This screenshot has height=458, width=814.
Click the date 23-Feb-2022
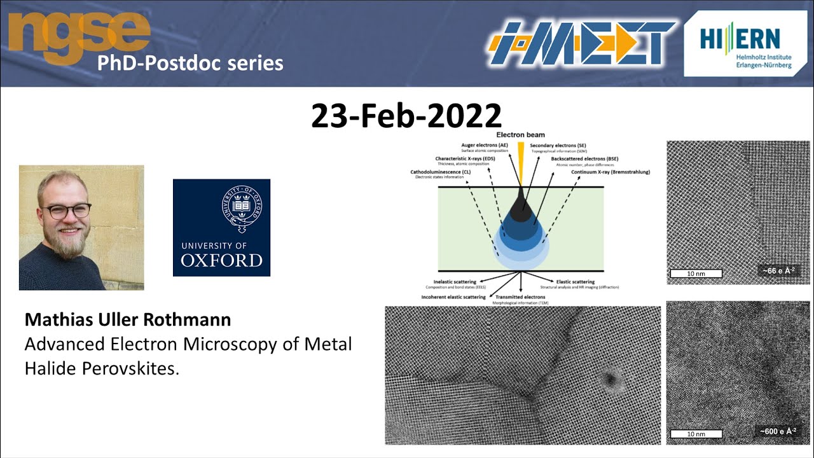[x=406, y=116]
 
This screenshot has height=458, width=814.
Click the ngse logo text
[x=79, y=32]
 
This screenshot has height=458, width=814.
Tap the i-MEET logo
[x=581, y=43]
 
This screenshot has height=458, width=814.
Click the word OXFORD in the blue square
[x=221, y=260]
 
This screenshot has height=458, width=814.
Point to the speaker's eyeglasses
[x=66, y=211]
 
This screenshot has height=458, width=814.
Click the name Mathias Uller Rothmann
[x=127, y=319]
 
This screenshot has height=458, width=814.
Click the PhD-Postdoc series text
[x=190, y=64]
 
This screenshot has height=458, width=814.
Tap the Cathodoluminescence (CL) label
[x=440, y=172]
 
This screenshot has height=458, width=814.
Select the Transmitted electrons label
[x=520, y=297]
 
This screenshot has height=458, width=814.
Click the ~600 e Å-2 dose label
[x=776, y=431]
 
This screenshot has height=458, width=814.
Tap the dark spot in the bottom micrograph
[x=610, y=380]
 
